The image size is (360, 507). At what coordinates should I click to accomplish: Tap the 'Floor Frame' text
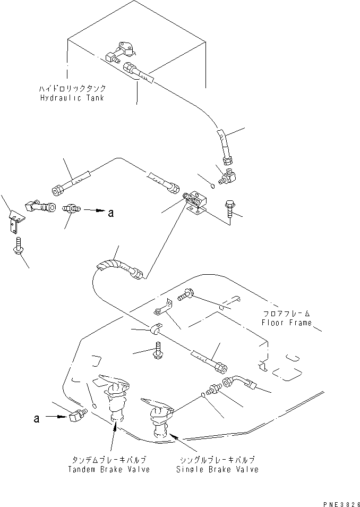[x=287, y=323]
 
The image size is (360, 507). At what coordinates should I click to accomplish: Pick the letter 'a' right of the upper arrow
[x=110, y=214]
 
